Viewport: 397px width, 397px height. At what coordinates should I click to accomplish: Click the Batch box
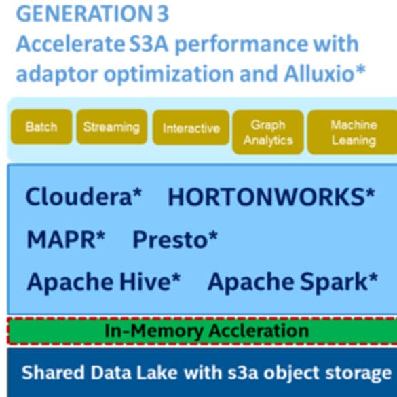point(41,126)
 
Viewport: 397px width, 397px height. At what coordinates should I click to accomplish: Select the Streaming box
point(112,126)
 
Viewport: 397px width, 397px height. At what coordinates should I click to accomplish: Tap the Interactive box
point(191,128)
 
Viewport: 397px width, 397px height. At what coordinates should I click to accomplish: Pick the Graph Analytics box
point(268,132)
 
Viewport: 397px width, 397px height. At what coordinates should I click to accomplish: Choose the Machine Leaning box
point(352,132)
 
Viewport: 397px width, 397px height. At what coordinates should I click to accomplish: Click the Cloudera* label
point(83,196)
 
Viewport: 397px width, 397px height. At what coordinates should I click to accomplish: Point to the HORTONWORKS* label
point(271,197)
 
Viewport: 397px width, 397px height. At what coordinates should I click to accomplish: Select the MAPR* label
point(66,239)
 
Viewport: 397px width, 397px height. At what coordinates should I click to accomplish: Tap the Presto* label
point(175,239)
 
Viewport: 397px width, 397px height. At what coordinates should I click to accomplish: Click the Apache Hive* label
point(104,281)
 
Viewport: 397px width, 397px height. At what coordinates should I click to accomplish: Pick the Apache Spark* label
point(292,281)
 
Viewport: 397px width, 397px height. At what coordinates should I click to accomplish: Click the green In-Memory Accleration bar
point(202,331)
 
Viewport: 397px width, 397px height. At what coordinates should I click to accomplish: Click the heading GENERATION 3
point(92,14)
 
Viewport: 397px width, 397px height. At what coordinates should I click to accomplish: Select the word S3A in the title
point(149,44)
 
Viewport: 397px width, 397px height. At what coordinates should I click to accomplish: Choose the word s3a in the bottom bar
point(243,373)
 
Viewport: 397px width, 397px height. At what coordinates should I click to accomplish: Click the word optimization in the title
point(169,74)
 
